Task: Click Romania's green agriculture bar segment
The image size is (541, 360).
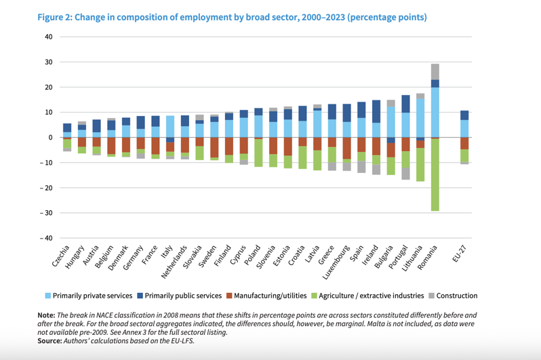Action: [x=435, y=175]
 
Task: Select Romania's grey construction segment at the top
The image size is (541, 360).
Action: [x=435, y=72]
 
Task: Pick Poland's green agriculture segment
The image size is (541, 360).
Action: [x=258, y=153]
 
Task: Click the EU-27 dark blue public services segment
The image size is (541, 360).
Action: [x=464, y=115]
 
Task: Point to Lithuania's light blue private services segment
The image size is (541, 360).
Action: [x=420, y=118]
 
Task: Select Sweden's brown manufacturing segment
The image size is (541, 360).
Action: [x=214, y=148]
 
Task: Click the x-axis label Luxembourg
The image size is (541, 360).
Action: [x=336, y=262]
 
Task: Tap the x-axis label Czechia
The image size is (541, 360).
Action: [x=61, y=256]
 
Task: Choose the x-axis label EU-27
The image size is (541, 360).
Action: [x=460, y=254]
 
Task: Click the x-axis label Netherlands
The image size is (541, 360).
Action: [x=174, y=262]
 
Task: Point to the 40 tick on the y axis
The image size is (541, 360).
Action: [x=49, y=37]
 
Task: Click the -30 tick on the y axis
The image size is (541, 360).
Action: [x=46, y=213]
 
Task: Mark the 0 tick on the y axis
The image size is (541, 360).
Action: [x=51, y=138]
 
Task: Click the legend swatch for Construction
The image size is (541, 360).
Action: [x=431, y=296]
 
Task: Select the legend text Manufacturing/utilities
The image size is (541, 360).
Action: [x=270, y=296]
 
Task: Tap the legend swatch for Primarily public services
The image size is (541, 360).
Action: [x=140, y=296]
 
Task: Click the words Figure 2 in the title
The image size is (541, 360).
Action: [x=54, y=17]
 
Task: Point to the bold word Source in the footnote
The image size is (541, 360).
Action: [x=49, y=341]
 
